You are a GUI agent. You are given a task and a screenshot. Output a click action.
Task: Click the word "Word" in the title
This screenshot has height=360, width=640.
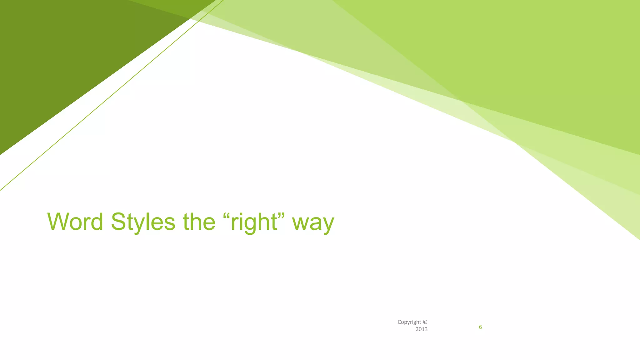coord(75,222)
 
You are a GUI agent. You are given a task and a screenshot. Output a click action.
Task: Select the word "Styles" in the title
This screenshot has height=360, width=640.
coord(143,222)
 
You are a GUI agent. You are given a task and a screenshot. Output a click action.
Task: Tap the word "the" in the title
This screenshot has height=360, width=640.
coord(199,222)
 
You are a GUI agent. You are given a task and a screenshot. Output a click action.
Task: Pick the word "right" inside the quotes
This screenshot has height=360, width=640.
coord(254,222)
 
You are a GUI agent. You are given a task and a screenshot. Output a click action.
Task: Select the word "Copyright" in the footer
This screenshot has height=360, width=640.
coord(409,322)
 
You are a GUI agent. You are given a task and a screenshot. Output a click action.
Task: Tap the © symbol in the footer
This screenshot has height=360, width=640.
coord(425,322)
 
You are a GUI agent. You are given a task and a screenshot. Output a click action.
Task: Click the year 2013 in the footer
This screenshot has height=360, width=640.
coord(421,329)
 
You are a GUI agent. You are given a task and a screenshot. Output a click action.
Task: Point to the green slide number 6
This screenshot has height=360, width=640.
coord(480,327)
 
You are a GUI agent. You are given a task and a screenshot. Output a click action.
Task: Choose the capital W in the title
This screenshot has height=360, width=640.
coord(57,222)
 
